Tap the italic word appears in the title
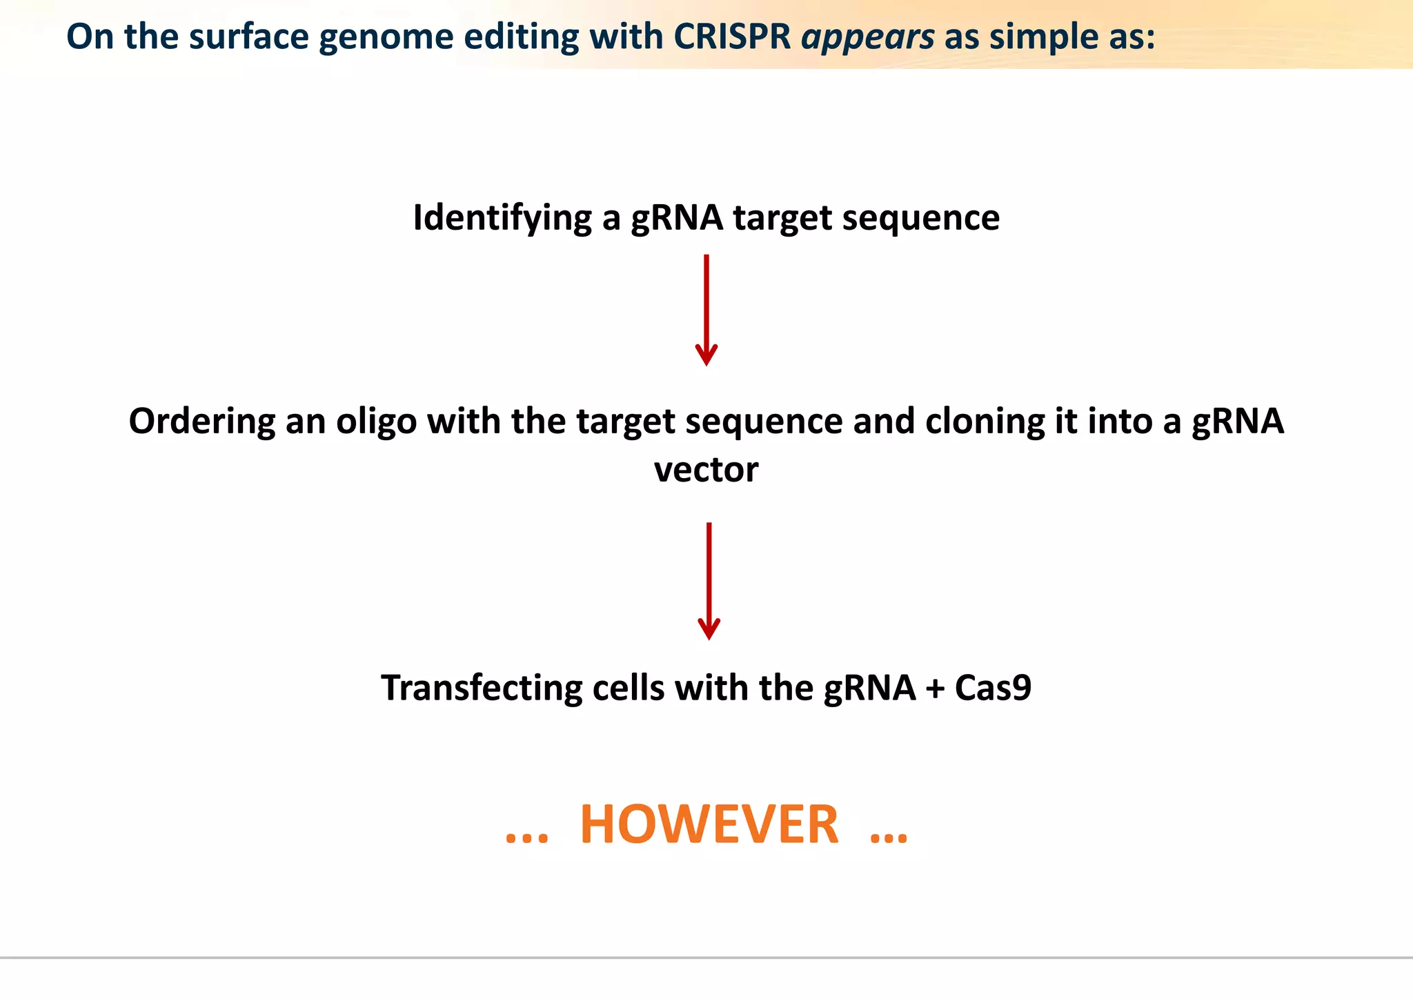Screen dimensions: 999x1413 coord(867,38)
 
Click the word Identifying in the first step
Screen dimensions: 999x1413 coord(502,218)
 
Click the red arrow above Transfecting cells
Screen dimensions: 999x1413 coord(709,580)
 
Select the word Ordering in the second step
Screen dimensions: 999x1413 coord(201,422)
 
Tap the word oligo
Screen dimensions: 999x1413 coord(376,422)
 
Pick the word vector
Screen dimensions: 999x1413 coord(706,469)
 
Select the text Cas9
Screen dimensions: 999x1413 coord(992,688)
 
